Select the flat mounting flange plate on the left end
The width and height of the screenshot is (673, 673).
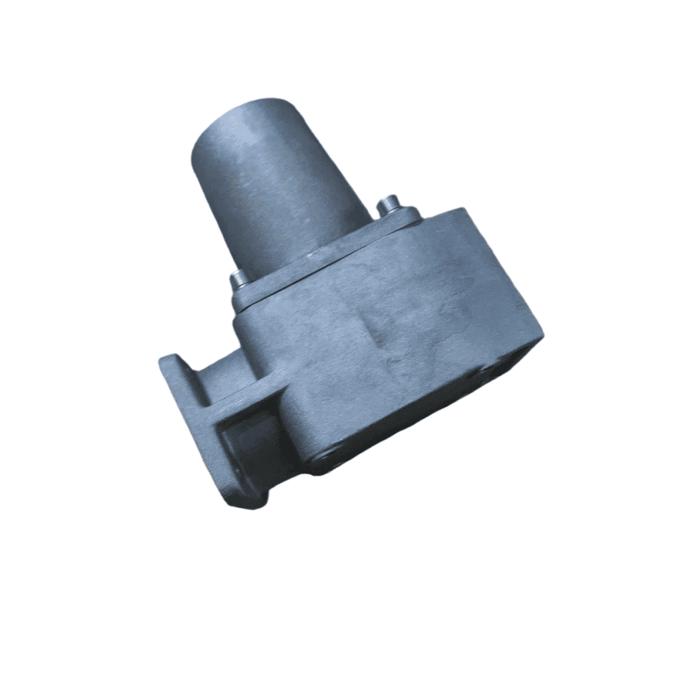pos(195,418)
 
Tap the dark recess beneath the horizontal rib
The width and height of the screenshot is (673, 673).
pos(249,441)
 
